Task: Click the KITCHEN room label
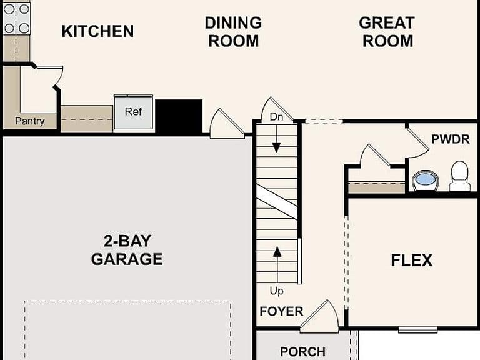point(97,31)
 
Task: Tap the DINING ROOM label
point(233,32)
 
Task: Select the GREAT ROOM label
point(387,32)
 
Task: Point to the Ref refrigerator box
point(134,112)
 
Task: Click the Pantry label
point(30,121)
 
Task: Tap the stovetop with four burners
point(17,18)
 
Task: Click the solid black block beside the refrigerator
point(179,116)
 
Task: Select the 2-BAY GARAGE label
point(127,250)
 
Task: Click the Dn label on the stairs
point(276,117)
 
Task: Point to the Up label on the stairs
point(276,291)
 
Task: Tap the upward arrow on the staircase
point(277,265)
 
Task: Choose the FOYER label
point(281,311)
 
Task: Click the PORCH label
point(302,352)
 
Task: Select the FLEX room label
point(412,261)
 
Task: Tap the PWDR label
point(450,139)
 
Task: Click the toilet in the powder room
point(460,176)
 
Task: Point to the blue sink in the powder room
point(425,180)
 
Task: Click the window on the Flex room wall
point(418,330)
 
